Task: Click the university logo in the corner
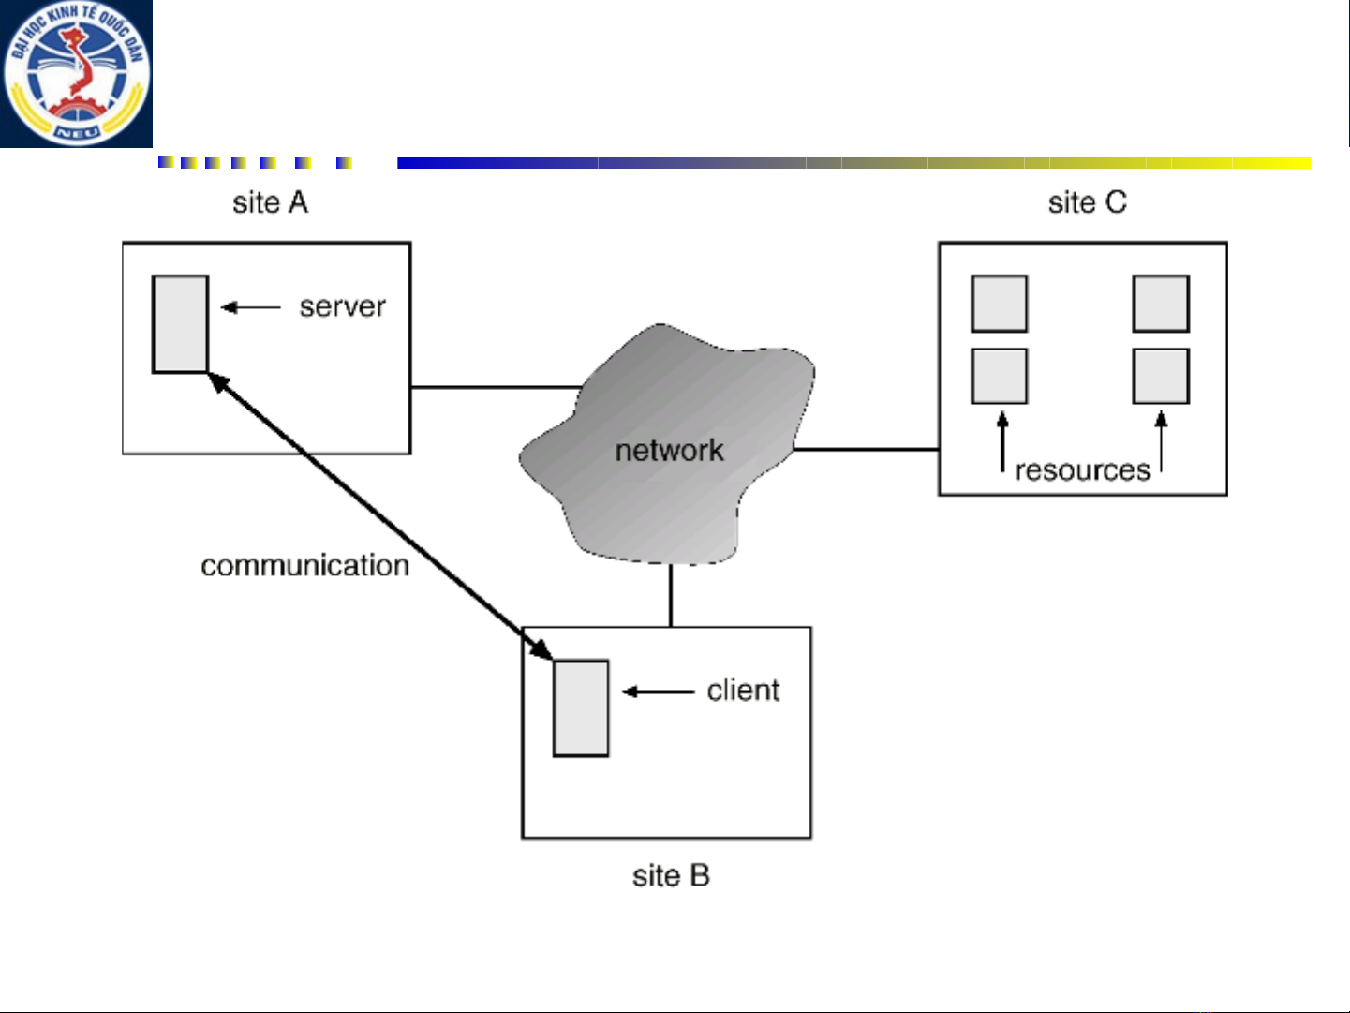point(76,73)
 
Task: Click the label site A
point(270,202)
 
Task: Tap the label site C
point(1087,202)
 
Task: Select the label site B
point(671,876)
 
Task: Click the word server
point(342,306)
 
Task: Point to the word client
point(743,691)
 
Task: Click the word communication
point(304,565)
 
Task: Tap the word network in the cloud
point(669,451)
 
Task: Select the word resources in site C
point(1082,469)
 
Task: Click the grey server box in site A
point(180,323)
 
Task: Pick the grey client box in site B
point(581,708)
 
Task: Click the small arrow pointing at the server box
point(251,306)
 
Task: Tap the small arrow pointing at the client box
point(658,692)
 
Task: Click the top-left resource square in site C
point(999,304)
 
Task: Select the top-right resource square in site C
point(1161,304)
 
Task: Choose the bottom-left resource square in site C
point(999,376)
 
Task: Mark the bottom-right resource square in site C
point(1161,376)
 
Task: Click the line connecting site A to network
point(497,386)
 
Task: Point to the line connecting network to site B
point(671,596)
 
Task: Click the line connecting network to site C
point(867,449)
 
